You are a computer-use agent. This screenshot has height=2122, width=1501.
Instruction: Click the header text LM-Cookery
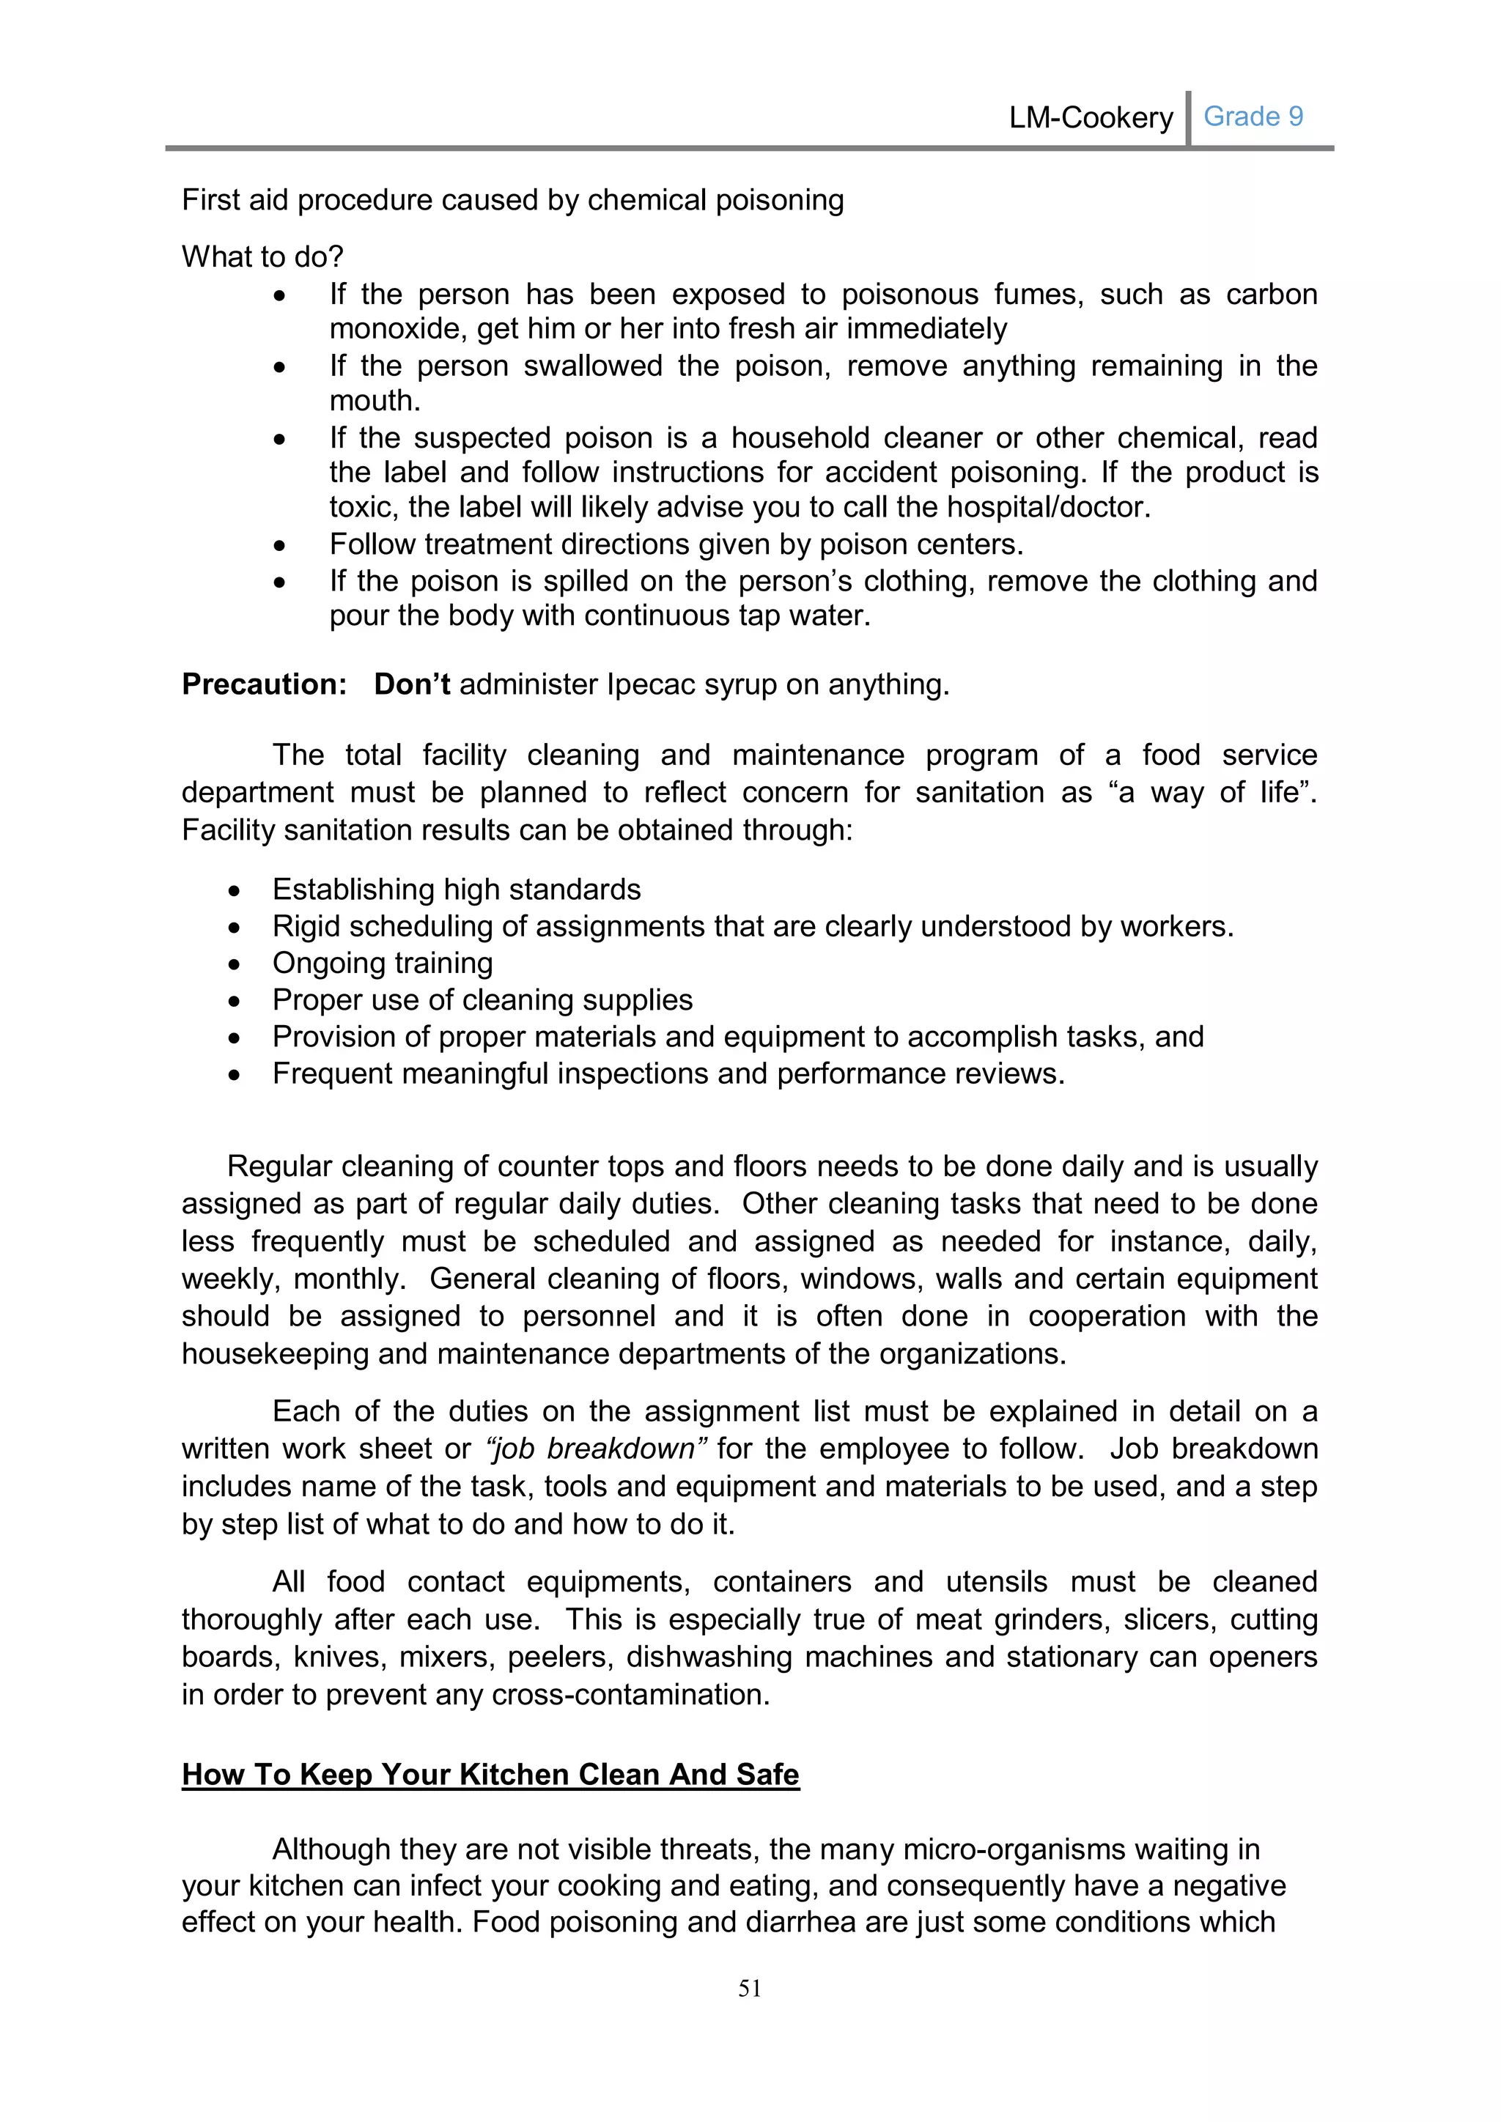(1091, 118)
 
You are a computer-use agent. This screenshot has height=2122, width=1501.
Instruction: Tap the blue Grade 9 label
(1253, 117)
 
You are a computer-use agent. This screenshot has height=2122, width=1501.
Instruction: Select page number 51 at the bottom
(750, 1989)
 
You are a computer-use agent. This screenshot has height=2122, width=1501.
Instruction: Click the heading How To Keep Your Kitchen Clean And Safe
(490, 1775)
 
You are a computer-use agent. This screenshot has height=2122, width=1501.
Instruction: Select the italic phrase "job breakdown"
(596, 1448)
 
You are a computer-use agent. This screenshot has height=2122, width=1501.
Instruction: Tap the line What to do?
(262, 256)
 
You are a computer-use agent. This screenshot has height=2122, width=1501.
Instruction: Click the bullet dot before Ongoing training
(235, 965)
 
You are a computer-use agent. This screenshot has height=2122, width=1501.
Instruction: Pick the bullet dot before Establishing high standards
(235, 891)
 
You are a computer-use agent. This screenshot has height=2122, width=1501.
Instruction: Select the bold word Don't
(411, 685)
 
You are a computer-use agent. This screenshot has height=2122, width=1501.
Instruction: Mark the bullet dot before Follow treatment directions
(279, 546)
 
